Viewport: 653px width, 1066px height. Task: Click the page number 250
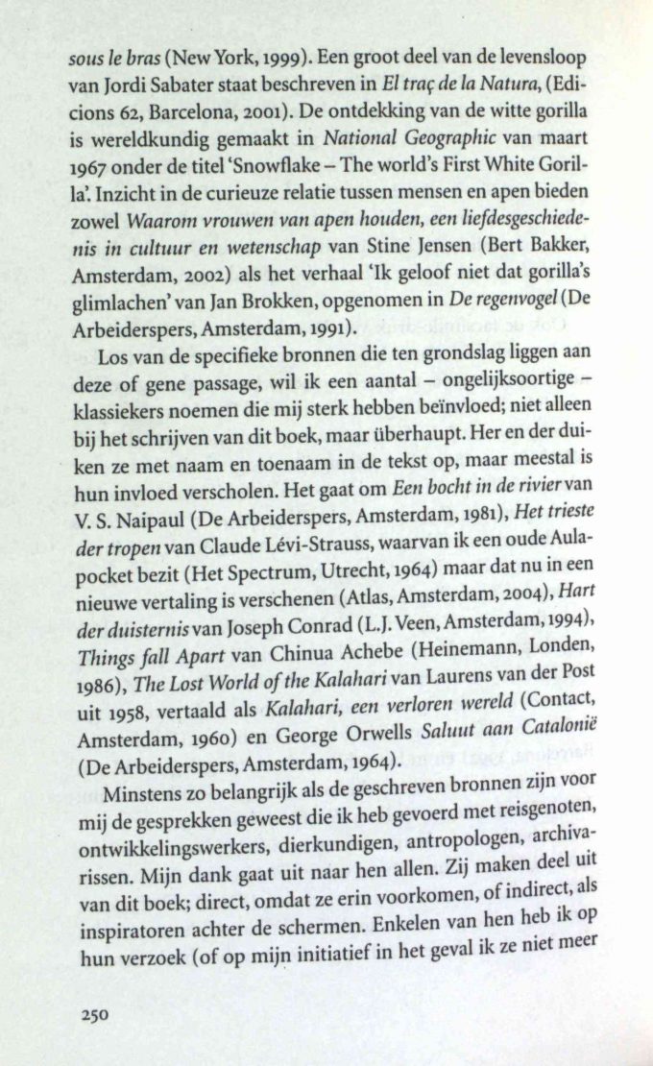97,1015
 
